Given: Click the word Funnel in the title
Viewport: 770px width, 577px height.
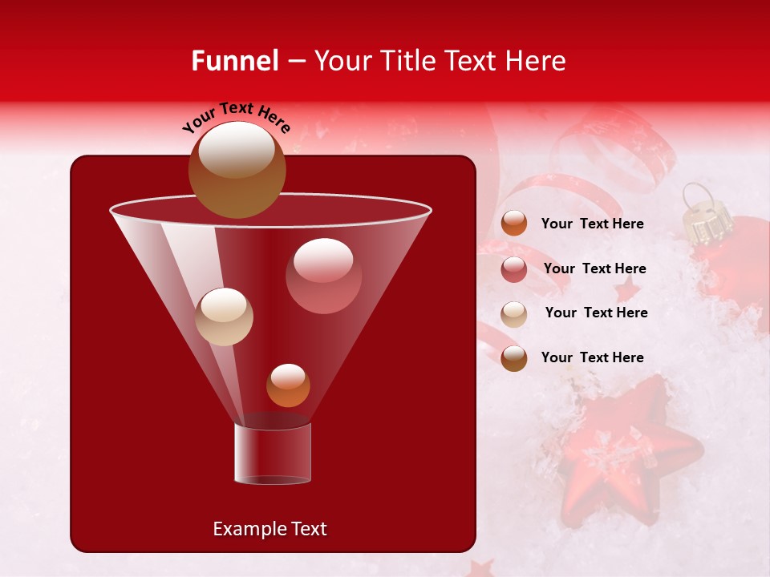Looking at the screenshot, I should pyautogui.click(x=235, y=61).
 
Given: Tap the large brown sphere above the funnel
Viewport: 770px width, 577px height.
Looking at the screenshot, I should pyautogui.click(x=237, y=169).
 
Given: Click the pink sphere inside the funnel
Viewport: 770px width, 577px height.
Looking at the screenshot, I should pyautogui.click(x=323, y=276).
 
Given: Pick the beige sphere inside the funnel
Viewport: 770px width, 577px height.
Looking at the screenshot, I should pyautogui.click(x=224, y=317).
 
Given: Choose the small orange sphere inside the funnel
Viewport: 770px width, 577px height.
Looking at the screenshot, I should pyautogui.click(x=288, y=385).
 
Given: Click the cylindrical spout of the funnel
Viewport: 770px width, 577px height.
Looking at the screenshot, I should pyautogui.click(x=272, y=454).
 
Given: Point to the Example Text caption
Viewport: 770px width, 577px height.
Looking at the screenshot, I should pyautogui.click(x=269, y=529).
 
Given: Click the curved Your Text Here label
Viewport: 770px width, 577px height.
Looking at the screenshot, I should pyautogui.click(x=237, y=119).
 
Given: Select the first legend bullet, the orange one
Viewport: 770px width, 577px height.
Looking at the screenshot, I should pyautogui.click(x=514, y=224).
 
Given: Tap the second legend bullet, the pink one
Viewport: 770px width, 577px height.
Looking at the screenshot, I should pyautogui.click(x=514, y=269).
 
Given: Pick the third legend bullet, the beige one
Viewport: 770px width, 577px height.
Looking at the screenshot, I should pyautogui.click(x=514, y=313).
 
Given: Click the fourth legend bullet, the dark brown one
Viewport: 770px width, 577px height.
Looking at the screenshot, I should pyautogui.click(x=514, y=358).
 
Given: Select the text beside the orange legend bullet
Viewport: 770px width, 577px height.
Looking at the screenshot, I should pyautogui.click(x=592, y=224).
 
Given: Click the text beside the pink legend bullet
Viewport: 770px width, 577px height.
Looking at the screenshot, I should pyautogui.click(x=594, y=269).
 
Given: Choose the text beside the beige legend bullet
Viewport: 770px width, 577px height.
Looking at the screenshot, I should pyautogui.click(x=596, y=313).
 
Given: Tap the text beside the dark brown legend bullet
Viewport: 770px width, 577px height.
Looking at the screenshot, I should pyautogui.click(x=592, y=358).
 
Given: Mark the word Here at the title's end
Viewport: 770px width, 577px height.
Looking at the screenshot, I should pyautogui.click(x=537, y=61).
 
